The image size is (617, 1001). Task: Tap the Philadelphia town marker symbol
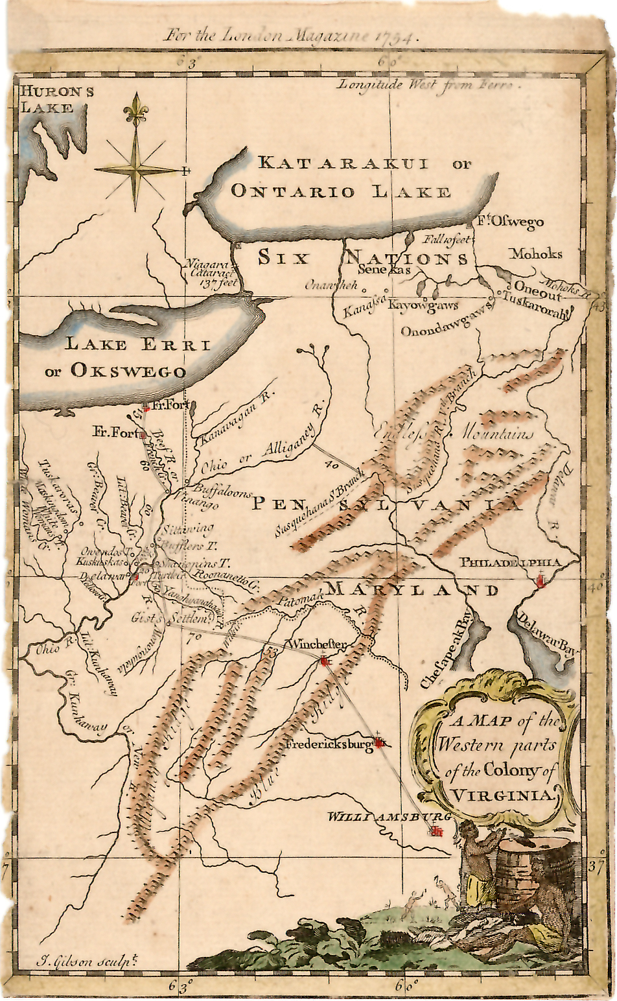541,582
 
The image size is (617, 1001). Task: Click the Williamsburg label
389,816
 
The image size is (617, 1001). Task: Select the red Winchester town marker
325,661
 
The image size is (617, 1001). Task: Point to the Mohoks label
535,253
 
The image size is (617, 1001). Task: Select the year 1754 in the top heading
395,36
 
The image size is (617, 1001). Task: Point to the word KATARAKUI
343,163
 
